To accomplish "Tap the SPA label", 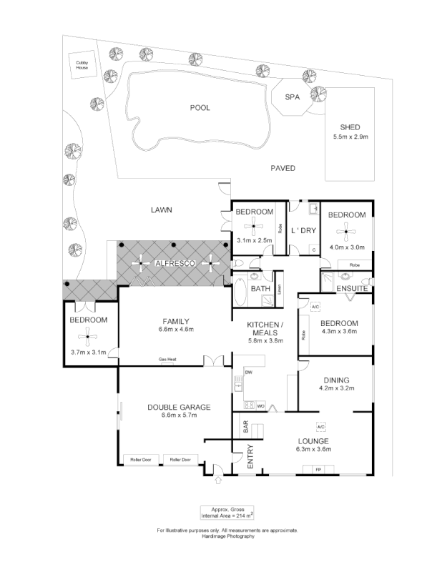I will click(291, 97).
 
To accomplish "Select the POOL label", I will click(200, 107).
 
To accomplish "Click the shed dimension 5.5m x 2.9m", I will click(350, 137).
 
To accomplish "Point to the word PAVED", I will click(283, 169).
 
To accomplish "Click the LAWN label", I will click(162, 209).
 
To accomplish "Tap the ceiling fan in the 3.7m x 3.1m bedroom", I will click(88, 334).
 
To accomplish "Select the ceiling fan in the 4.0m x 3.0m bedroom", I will click(347, 230).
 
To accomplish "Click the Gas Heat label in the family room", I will click(168, 360).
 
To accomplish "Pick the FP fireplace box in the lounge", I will click(318, 469).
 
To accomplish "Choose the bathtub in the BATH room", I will click(241, 292).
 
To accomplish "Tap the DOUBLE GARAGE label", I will click(179, 407).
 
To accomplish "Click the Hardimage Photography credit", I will click(227, 536).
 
